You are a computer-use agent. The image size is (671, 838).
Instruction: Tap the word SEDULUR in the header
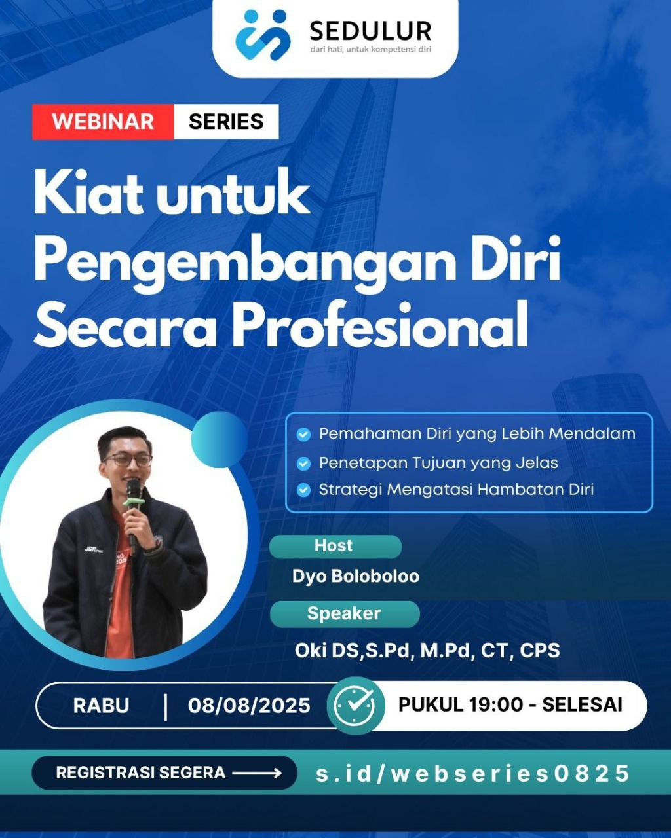(370, 31)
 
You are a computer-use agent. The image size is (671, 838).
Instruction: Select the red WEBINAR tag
(103, 122)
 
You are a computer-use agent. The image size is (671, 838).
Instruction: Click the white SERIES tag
(226, 122)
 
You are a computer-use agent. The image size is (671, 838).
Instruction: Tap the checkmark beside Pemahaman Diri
(303, 434)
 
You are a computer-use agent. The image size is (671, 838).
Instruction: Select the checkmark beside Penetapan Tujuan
(303, 464)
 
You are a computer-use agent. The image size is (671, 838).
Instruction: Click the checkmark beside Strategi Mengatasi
(303, 490)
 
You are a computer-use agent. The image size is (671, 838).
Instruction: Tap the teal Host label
(335, 546)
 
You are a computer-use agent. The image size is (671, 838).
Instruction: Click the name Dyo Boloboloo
(356, 576)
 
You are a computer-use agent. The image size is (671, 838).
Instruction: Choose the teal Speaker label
(345, 613)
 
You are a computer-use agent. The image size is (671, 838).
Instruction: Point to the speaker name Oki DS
(427, 650)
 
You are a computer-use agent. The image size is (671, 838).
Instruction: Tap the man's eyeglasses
(128, 460)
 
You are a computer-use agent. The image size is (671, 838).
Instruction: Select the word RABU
(101, 706)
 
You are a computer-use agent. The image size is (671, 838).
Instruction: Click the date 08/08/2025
(249, 706)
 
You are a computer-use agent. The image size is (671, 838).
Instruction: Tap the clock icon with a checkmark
(356, 706)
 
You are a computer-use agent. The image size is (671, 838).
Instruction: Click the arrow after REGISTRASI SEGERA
(258, 773)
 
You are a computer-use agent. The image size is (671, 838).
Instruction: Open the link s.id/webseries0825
(472, 773)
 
